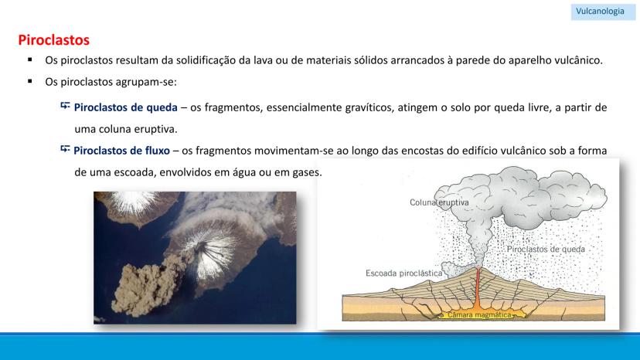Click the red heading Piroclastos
53,40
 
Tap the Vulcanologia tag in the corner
600,11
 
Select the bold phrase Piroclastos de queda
126,107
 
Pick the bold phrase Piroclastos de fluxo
121,151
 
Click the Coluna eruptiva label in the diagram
439,202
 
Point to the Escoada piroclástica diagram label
403,273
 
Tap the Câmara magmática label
479,314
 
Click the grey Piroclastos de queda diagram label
546,249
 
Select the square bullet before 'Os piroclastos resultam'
30,59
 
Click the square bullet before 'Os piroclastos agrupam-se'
30,81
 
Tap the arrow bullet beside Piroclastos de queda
65,106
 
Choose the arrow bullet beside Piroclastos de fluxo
65,149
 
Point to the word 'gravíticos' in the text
369,107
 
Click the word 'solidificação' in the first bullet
206,60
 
